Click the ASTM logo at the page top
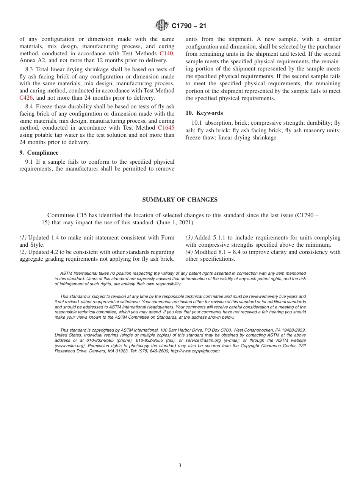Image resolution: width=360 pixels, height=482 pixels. tap(162, 26)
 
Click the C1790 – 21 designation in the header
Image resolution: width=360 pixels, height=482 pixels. tap(189, 26)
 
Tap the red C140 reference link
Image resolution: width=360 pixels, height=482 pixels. tap(166, 53)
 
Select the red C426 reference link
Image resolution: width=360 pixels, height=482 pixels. tap(26, 98)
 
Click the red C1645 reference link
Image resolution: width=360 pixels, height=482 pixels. tap(166, 128)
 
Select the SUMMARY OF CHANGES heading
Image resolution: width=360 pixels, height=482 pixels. tap(180, 200)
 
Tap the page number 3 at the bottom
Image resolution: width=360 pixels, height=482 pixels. tap(180, 466)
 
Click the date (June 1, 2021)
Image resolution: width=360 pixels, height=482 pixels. tap(175, 222)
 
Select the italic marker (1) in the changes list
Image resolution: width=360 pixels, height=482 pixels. tap(23, 238)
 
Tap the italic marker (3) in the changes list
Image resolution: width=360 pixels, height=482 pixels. tap(189, 238)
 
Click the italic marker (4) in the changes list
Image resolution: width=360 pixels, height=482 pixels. tap(189, 252)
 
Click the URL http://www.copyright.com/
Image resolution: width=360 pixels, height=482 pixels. tap(195, 351)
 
